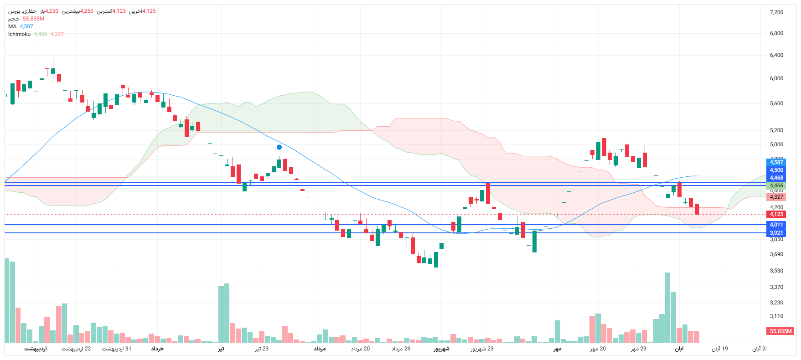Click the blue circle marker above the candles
[x=279, y=147]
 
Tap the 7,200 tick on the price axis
[x=776, y=12]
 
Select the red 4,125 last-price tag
[x=776, y=214]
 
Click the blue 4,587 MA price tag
[x=776, y=162]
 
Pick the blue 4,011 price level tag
[x=776, y=225]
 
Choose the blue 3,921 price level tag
[x=776, y=233]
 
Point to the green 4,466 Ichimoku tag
[x=776, y=185]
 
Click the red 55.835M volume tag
[x=780, y=331]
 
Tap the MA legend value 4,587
[x=26, y=26]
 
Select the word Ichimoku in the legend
[x=19, y=34]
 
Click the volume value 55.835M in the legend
[x=34, y=19]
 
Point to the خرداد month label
[x=157, y=349]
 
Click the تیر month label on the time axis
[x=221, y=349]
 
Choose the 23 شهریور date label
[x=482, y=349]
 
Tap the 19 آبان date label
[x=719, y=349]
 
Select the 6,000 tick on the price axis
[x=776, y=78]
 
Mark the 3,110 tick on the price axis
[x=776, y=316]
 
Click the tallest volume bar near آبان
[x=667, y=308]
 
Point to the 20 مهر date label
[x=598, y=349]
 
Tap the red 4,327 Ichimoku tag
[x=776, y=197]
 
